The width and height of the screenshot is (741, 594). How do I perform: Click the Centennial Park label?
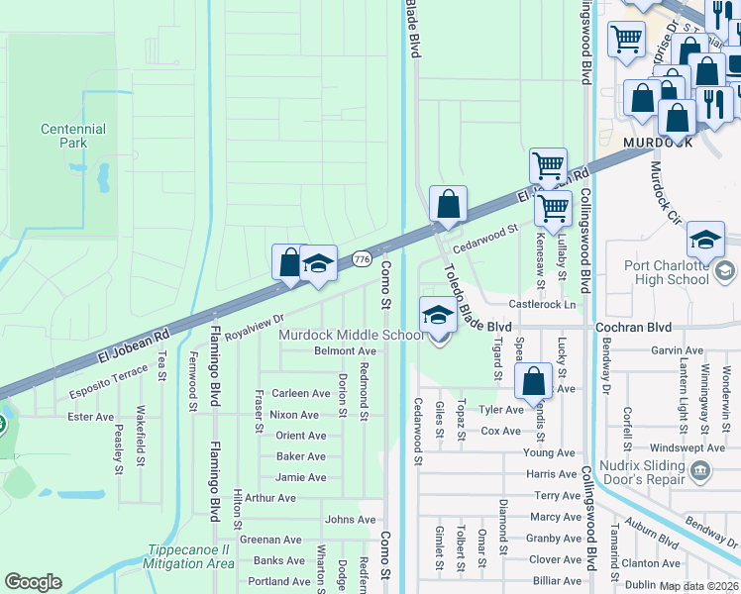click(72, 136)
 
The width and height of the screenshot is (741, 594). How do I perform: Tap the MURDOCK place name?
click(659, 143)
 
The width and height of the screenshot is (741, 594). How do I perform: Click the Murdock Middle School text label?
click(351, 335)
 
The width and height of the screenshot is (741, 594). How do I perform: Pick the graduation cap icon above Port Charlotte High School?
click(705, 241)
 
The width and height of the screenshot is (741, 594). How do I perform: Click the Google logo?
click(34, 582)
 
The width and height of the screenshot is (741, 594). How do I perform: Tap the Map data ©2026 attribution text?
click(699, 586)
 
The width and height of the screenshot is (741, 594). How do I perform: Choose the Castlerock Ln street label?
click(542, 304)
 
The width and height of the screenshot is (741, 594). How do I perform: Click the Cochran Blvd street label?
click(633, 327)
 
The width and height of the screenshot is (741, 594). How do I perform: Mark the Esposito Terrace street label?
click(108, 385)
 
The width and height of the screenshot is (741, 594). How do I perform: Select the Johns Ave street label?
click(351, 519)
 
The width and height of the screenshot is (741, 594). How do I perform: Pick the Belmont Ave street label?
click(345, 350)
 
